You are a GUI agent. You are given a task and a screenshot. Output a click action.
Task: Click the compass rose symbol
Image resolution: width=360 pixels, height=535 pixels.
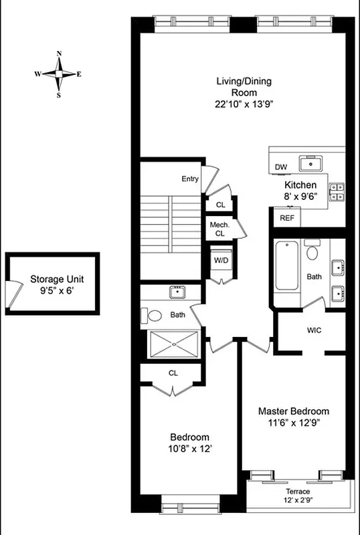pyautogui.click(x=58, y=74)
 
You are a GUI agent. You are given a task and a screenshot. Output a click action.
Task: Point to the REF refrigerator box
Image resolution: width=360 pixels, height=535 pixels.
pyautogui.click(x=286, y=217)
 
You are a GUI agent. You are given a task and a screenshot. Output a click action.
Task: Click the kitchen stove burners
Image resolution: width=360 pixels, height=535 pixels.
pyautogui.click(x=336, y=192)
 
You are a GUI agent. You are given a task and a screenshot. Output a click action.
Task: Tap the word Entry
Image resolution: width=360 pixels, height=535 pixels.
pyautogui.click(x=190, y=179)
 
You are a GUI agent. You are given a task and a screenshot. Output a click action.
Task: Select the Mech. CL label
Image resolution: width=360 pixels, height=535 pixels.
pyautogui.click(x=219, y=229)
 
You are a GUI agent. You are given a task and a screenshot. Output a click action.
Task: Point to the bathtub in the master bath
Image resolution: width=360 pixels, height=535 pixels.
pyautogui.click(x=286, y=265)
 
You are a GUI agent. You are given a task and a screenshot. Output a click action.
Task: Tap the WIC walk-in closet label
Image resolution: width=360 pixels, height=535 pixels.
pyautogui.click(x=314, y=330)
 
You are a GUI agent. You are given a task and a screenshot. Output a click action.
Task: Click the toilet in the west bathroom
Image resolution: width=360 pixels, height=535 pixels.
pyautogui.click(x=154, y=316)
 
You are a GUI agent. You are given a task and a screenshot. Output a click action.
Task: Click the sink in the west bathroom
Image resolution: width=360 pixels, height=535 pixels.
pyautogui.click(x=177, y=292)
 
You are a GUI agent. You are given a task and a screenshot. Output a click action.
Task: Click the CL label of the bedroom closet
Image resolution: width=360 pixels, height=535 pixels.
pyautogui.click(x=173, y=372)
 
